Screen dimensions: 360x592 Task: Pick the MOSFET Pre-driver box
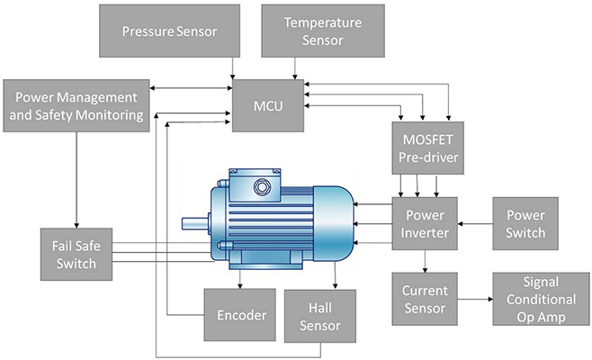426,148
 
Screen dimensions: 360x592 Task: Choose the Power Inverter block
426,224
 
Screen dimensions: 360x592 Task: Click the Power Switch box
525,224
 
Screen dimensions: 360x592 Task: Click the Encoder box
242,315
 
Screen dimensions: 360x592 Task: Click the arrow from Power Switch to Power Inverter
476,224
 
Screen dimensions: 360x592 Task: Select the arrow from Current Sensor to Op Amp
476,300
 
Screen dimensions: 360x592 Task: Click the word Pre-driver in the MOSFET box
426,157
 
